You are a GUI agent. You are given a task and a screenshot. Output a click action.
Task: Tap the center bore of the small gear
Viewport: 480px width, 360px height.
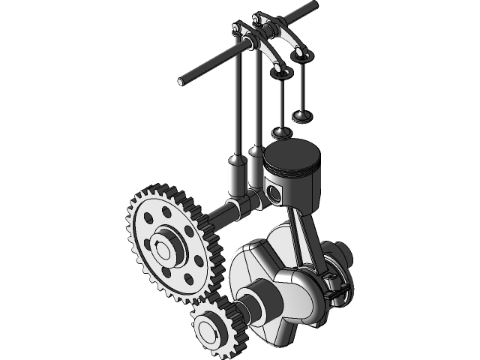tap(207, 328)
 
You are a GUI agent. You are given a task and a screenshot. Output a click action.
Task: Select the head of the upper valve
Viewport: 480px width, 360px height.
tap(301, 117)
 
